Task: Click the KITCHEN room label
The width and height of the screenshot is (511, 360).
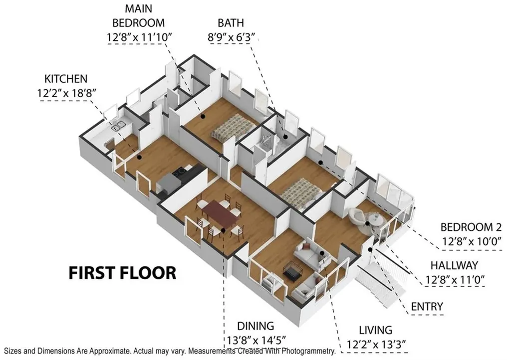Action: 66,78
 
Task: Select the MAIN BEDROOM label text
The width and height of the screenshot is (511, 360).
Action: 138,15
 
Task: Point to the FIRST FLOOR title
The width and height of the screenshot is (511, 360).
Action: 122,273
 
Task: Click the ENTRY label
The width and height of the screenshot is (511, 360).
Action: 427,306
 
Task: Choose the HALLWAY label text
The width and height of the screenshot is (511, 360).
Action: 455,265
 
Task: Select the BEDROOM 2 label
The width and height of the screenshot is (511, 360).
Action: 471,227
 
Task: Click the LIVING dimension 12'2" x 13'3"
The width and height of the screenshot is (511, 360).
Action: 377,344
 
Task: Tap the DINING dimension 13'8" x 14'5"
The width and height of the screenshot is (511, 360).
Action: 255,340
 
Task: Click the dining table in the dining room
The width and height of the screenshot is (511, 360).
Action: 220,213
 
